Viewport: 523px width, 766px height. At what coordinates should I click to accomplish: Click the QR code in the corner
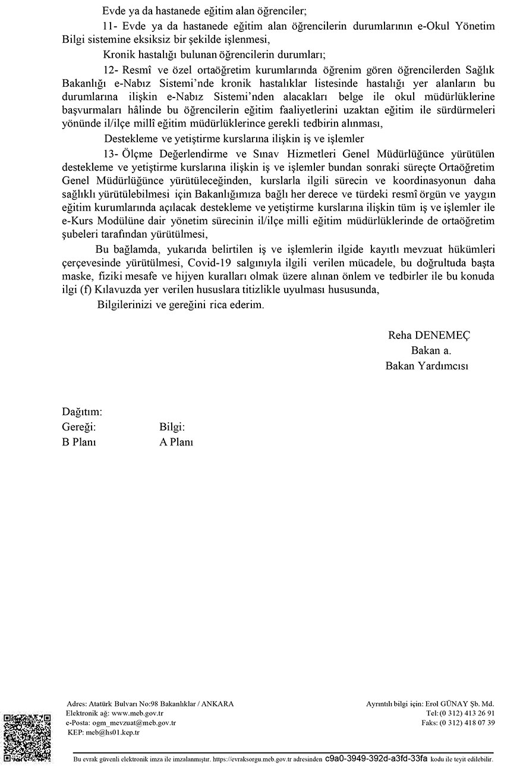pyautogui.click(x=27, y=738)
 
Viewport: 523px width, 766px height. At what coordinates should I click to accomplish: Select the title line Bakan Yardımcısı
pyautogui.click(x=427, y=366)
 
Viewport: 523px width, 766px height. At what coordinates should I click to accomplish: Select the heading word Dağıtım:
pyautogui.click(x=82, y=412)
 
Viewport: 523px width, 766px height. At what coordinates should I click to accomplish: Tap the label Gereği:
pyautogui.click(x=78, y=427)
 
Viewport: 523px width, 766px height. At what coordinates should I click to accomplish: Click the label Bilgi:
pyautogui.click(x=172, y=427)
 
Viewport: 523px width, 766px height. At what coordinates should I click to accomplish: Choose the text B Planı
pyautogui.click(x=79, y=442)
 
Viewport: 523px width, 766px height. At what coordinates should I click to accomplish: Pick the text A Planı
pyautogui.click(x=176, y=442)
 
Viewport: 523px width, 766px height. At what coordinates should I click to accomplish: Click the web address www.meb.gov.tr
pyautogui.click(x=137, y=713)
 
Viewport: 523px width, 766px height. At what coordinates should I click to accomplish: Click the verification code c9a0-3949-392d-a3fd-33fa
pyautogui.click(x=376, y=759)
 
